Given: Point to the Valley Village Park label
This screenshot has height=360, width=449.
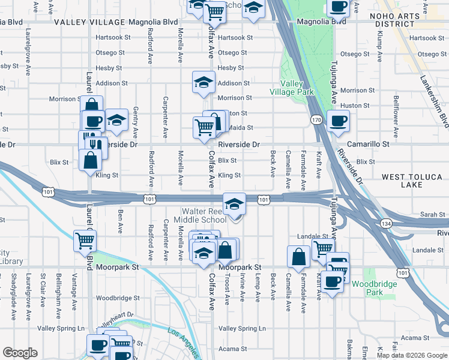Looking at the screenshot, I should (x=297, y=88).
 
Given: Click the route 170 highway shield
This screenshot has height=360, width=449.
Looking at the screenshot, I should (x=316, y=120).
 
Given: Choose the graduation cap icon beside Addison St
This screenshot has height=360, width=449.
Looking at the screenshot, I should (x=203, y=82).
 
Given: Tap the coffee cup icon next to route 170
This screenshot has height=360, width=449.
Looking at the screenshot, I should (x=337, y=120).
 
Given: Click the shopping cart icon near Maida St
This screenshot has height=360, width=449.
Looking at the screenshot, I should (x=203, y=127).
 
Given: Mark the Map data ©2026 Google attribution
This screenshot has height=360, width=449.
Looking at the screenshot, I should (x=412, y=355).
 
